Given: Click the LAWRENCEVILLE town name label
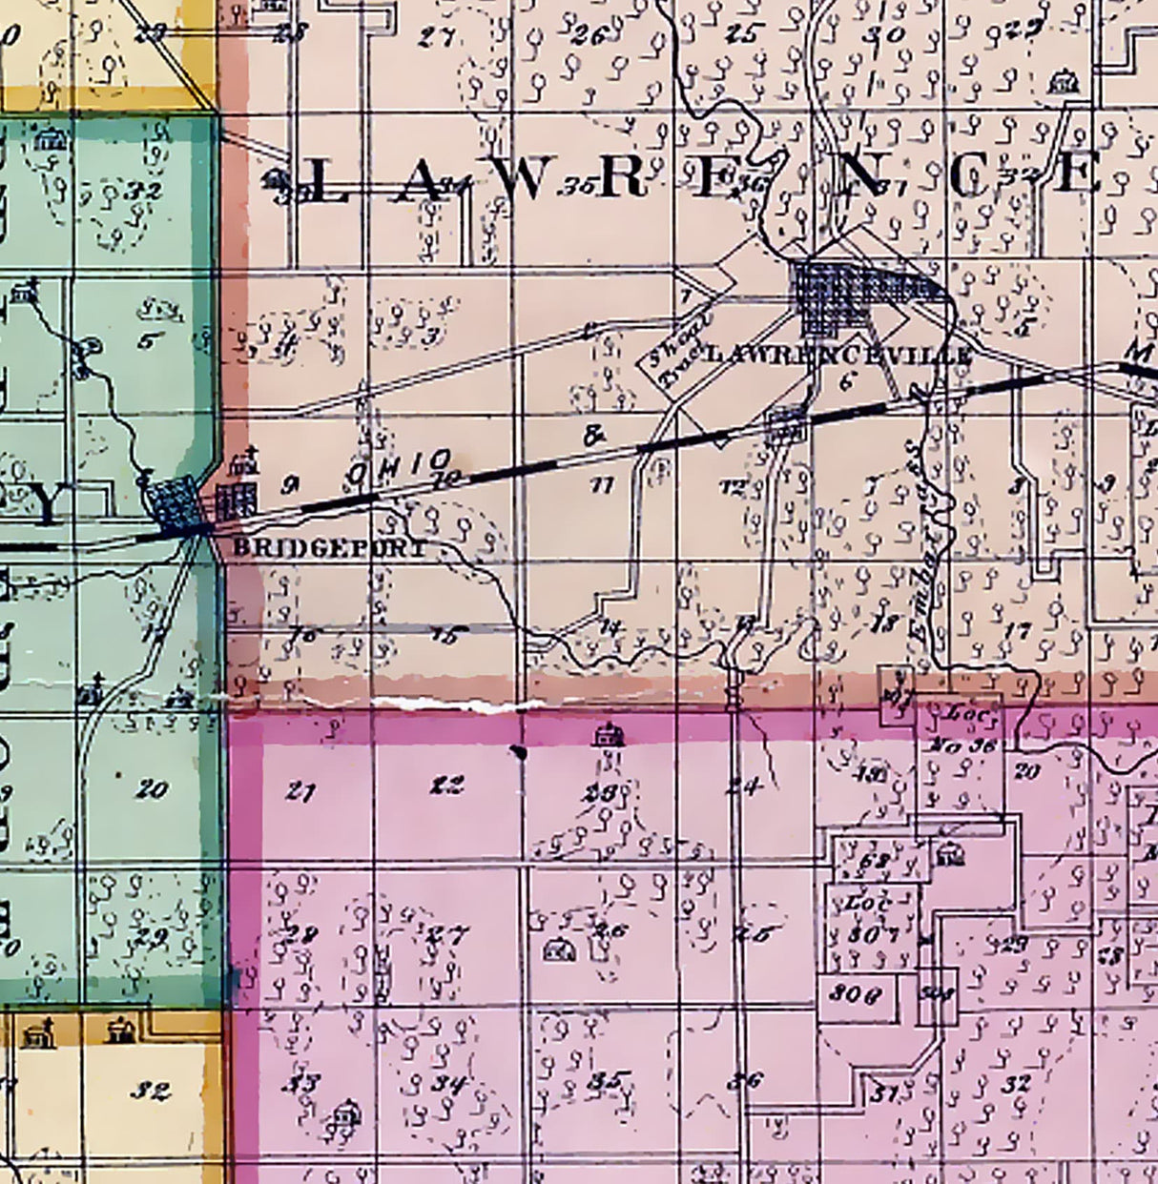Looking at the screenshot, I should (837, 355).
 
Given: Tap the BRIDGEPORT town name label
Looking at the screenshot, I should (329, 548).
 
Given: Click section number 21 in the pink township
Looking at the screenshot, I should (300, 791).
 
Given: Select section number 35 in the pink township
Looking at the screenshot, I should (607, 1081).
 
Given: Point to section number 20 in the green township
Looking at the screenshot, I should (153, 789).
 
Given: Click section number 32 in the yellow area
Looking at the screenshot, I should (151, 1091).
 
